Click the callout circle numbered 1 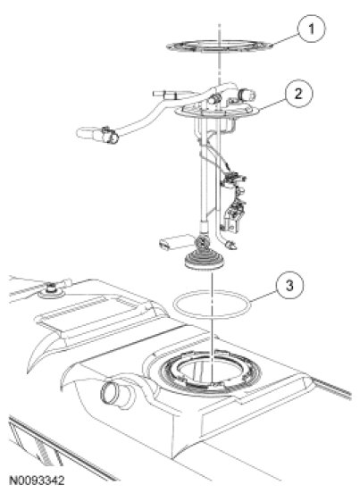(x=311, y=29)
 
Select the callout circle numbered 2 (x=298, y=94)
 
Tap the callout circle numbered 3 (x=289, y=286)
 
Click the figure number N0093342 (x=37, y=480)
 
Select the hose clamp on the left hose (x=109, y=135)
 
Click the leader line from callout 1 (x=286, y=39)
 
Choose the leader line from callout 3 (x=264, y=297)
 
